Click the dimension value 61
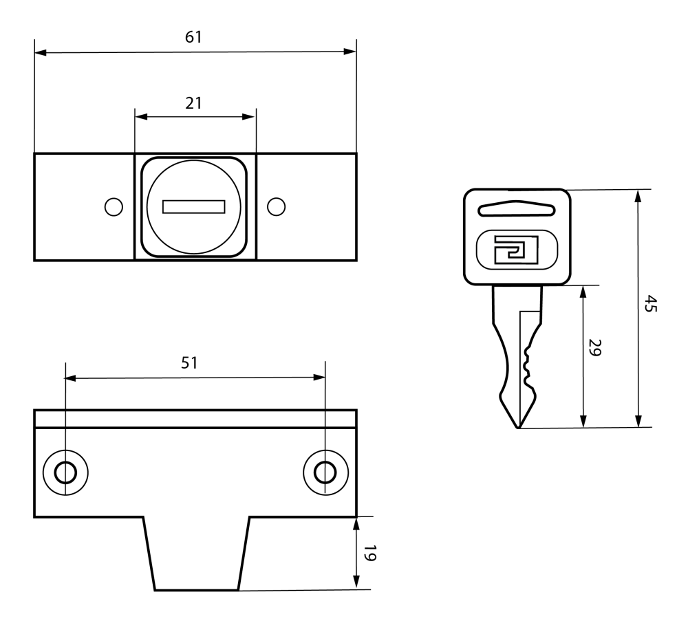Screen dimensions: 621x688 194,37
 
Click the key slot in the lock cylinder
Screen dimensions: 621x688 194,206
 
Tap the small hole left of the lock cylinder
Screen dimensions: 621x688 113,206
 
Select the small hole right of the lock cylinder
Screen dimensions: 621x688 276,206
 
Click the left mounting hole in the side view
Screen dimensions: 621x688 65,472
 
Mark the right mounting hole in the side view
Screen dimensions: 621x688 324,472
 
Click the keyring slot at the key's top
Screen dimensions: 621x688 516,209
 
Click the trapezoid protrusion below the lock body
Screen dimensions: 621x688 196,554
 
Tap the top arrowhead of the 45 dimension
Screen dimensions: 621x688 638,195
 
